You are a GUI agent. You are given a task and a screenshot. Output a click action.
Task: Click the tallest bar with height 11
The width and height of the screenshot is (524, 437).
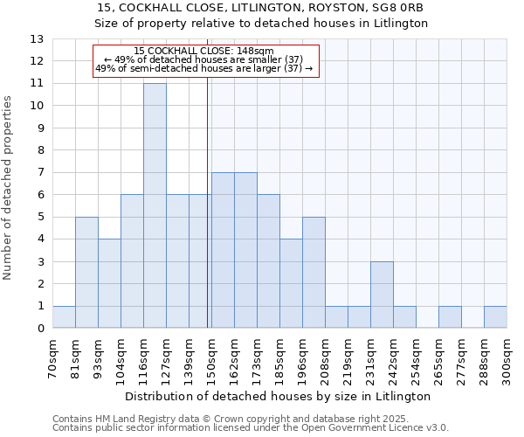(x=155, y=205)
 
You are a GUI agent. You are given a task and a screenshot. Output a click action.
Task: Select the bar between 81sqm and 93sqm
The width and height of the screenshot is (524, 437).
(x=86, y=273)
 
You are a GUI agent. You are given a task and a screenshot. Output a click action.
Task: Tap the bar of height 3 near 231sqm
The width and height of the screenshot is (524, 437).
(x=382, y=295)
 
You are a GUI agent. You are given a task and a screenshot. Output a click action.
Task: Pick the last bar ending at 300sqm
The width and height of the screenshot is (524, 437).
(x=495, y=317)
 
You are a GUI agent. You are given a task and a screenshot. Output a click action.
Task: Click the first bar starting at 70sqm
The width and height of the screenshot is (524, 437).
(x=64, y=317)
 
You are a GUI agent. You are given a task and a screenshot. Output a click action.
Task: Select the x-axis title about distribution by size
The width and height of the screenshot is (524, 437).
(x=279, y=397)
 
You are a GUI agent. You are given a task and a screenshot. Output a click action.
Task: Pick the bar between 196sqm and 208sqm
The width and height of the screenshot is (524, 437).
(x=314, y=273)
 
